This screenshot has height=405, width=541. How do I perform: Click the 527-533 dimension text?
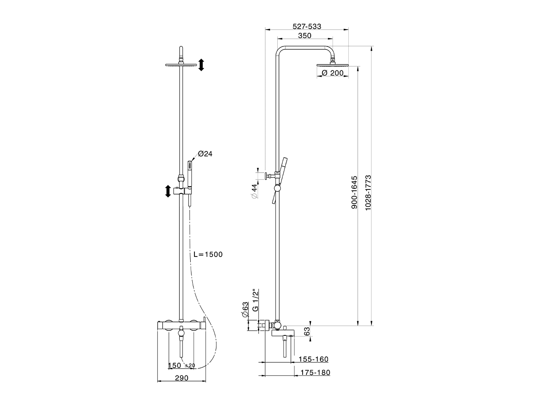(x=307, y=26)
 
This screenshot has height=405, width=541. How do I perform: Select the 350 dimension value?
(x=304, y=36)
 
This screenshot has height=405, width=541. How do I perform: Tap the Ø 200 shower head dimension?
(x=332, y=73)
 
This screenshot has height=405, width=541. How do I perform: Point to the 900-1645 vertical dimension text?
(x=355, y=192)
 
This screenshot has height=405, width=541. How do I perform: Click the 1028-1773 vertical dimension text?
(x=368, y=192)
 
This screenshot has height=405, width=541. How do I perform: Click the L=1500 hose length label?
(x=208, y=254)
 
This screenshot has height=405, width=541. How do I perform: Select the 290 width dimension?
(x=181, y=378)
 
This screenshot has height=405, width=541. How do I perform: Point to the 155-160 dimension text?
(x=313, y=359)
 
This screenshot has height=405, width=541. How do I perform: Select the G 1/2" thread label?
(x=255, y=300)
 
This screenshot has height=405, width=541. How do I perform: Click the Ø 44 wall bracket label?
(x=254, y=192)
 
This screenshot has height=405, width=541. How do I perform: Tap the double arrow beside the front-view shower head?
(x=201, y=65)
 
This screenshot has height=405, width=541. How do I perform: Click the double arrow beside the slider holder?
(x=168, y=191)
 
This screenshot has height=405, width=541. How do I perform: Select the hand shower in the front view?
(x=190, y=177)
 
